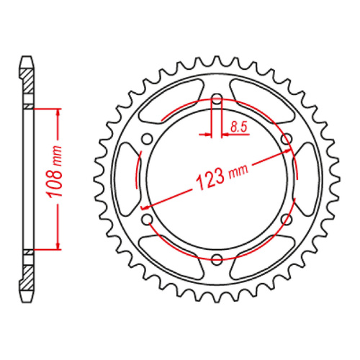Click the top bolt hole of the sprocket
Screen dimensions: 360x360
point(217,99)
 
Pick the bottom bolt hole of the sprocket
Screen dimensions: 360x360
point(217,258)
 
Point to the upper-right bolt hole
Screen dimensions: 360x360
point(286,139)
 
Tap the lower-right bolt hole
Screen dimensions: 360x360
point(286,219)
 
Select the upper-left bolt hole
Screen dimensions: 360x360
point(148,139)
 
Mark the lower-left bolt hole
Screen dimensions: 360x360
point(148,219)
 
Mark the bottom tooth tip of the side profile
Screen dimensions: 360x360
point(27,300)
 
